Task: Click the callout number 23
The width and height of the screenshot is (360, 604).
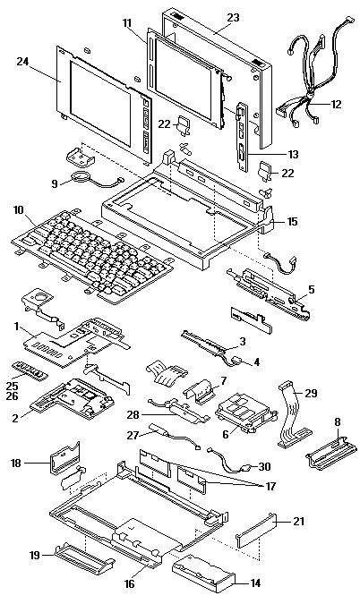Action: coord(233,17)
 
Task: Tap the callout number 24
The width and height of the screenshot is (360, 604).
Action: coord(22,61)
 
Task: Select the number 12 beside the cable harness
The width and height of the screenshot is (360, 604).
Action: coord(336,104)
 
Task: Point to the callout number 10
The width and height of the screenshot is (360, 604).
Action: coord(18,210)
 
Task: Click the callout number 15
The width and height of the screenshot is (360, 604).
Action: coord(293,222)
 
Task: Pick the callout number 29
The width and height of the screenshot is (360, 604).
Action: coord(311,393)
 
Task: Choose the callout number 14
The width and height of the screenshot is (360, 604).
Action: coord(254,583)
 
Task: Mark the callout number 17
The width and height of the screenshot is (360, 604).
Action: coord(270,486)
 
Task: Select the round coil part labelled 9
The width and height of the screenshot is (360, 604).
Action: coord(81,177)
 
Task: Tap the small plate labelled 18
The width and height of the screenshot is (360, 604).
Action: coord(64,458)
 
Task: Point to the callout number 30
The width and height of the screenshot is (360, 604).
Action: coord(264,466)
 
